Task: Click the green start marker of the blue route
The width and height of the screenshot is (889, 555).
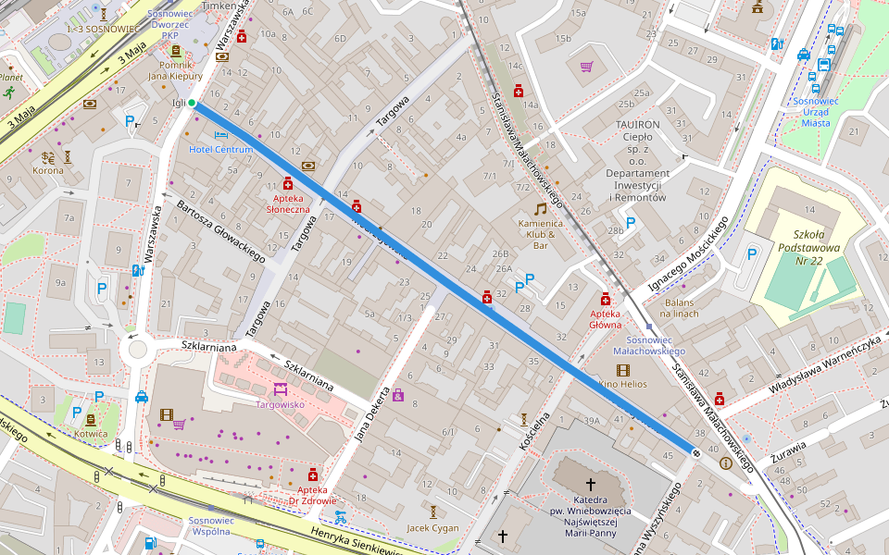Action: point(192,103)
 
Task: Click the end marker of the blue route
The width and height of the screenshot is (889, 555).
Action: point(695,450)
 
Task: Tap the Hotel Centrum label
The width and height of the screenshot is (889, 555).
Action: point(221,149)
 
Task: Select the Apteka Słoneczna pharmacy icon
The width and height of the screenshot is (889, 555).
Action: point(288,183)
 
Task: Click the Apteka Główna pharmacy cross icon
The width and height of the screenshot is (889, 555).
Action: point(606,299)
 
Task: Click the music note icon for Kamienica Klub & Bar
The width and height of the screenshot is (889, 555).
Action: point(540,209)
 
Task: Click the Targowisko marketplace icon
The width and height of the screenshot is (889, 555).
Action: point(280,388)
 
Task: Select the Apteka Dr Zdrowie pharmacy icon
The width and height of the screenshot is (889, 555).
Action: point(313,475)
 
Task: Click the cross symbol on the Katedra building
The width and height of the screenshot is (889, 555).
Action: point(591,484)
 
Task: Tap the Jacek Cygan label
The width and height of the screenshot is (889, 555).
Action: point(432,528)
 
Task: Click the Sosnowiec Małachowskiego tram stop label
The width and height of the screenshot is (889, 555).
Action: point(649,345)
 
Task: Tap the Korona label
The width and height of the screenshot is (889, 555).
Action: point(48,171)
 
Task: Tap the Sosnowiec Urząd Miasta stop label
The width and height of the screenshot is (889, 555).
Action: point(815,112)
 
